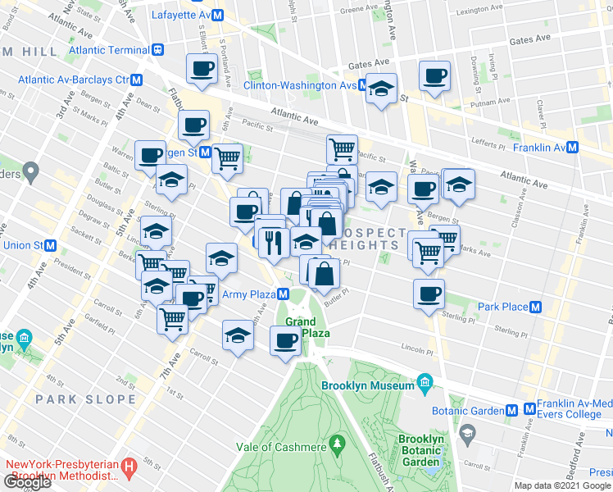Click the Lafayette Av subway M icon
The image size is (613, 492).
coord(218,15)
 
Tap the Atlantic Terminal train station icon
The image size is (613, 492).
coord(157,48)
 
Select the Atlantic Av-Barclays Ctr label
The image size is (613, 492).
coord(74,80)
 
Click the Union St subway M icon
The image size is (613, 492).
coord(51,245)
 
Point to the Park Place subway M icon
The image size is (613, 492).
coord(536,307)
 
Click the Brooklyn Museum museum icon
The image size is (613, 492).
coord(425,382)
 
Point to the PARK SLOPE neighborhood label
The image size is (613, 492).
coord(85,399)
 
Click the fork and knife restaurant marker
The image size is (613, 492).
coord(271,241)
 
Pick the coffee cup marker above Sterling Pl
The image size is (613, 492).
coord(429,294)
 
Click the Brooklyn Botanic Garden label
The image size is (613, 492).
coord(420,450)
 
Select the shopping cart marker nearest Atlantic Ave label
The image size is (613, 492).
coord(342,149)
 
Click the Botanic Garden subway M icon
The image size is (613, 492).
coord(511,408)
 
